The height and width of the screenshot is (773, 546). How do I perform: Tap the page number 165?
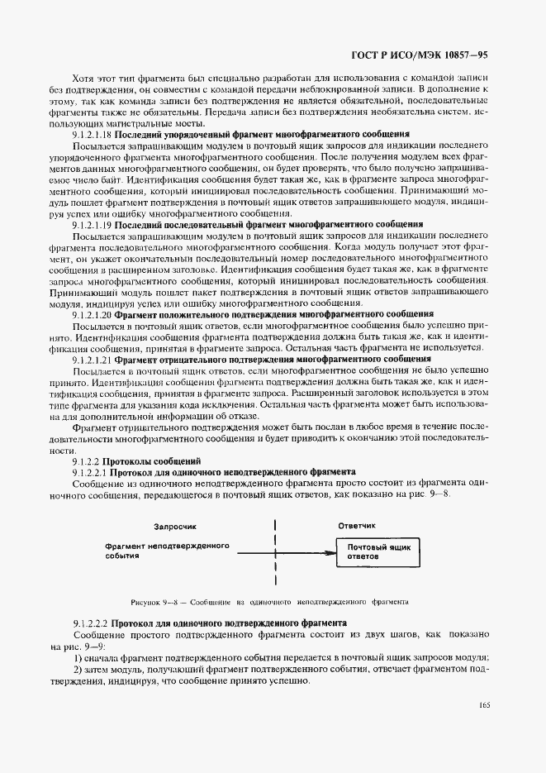[483, 705]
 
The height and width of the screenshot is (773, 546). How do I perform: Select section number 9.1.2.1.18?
[92, 133]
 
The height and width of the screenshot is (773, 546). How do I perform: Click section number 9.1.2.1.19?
[92, 223]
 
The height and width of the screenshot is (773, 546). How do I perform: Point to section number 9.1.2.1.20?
[92, 314]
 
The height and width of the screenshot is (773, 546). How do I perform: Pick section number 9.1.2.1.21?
[92, 360]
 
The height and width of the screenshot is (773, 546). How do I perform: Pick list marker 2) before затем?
[76, 669]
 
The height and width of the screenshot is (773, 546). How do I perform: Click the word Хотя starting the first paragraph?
[83, 77]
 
